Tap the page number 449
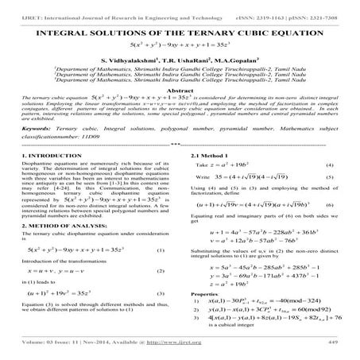point(334,354)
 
